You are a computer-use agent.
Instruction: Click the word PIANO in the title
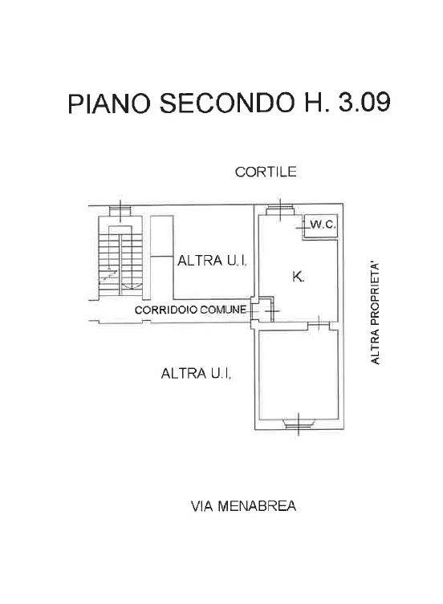click(108, 103)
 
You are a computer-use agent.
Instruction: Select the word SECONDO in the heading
click(226, 103)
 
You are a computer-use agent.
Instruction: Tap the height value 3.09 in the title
click(364, 102)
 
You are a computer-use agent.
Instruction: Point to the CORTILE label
click(266, 172)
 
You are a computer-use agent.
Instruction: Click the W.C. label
click(323, 225)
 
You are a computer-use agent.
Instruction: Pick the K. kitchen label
click(298, 276)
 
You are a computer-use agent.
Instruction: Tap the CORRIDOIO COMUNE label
click(190, 310)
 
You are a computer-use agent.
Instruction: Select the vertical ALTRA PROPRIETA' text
click(375, 313)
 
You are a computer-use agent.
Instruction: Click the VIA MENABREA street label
click(244, 506)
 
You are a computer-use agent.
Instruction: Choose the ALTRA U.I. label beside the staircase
click(212, 261)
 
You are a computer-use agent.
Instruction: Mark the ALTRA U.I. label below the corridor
click(197, 373)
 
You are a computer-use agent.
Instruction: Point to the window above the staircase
click(120, 211)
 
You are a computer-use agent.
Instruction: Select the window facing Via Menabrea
click(299, 424)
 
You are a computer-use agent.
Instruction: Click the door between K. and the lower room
click(319, 326)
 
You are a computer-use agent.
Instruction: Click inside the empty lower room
click(299, 375)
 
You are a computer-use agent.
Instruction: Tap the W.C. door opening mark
click(300, 228)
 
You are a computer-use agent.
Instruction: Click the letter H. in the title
click(316, 103)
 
